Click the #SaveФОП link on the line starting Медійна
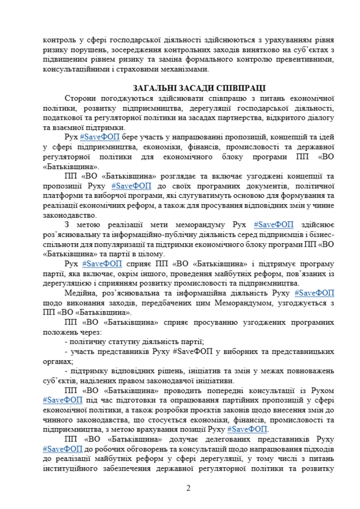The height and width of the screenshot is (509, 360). (314, 293)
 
